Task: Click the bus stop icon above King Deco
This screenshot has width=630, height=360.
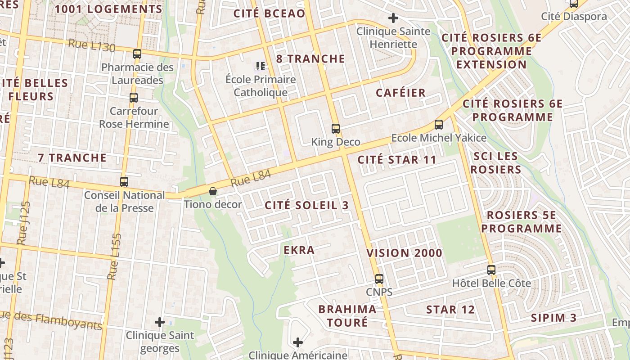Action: pyautogui.click(x=336, y=129)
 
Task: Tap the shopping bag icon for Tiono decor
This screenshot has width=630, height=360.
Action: pyautogui.click(x=212, y=192)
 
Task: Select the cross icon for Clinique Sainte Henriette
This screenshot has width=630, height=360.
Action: pyautogui.click(x=393, y=18)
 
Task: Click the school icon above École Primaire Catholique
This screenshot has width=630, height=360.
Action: pyautogui.click(x=260, y=67)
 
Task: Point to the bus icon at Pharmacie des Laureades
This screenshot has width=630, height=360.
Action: pyautogui.click(x=137, y=54)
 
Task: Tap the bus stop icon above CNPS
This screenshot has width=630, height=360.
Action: pyautogui.click(x=379, y=279)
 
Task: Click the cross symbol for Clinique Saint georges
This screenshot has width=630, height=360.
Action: pyautogui.click(x=159, y=322)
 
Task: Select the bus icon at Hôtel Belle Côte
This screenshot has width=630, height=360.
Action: pyautogui.click(x=491, y=270)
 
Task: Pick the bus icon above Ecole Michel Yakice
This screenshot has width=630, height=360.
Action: pyautogui.click(x=439, y=125)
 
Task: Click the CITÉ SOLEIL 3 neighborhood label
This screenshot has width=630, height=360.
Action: pyautogui.click(x=306, y=205)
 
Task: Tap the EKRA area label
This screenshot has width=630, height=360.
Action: pyautogui.click(x=299, y=250)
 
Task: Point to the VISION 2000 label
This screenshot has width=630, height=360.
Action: pyautogui.click(x=405, y=253)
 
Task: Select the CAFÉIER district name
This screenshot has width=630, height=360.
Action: pyautogui.click(x=400, y=93)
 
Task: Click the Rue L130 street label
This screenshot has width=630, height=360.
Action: pyautogui.click(x=92, y=45)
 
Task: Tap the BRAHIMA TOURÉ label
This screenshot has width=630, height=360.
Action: pyautogui.click(x=347, y=315)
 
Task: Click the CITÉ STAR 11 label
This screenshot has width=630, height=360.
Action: pyautogui.click(x=397, y=160)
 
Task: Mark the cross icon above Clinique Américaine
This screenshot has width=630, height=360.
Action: pyautogui.click(x=297, y=343)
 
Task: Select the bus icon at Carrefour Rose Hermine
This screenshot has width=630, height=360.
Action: pyautogui.click(x=134, y=98)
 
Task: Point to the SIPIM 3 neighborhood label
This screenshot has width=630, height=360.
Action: pyautogui.click(x=553, y=318)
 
